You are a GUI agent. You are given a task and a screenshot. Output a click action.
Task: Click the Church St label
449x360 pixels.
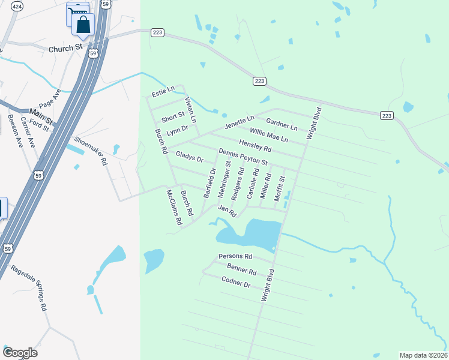65,48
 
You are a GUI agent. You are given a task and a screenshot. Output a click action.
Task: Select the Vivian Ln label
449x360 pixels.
190,110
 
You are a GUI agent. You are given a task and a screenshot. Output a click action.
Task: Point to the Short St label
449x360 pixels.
172,116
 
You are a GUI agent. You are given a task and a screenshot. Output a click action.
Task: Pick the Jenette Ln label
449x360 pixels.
240,122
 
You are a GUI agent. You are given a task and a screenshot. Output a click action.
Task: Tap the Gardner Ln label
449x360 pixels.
282,124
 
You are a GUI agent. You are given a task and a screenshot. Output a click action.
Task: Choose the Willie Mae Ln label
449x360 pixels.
269,134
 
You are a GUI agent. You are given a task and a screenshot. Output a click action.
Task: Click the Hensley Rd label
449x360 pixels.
255,145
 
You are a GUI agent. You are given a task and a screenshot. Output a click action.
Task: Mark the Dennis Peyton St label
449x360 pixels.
243,157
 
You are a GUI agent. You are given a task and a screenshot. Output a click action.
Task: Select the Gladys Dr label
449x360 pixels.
190,157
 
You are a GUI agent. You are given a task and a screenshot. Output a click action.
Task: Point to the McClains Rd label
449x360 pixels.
173,207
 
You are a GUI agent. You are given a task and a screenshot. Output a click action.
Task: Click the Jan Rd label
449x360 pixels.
228,211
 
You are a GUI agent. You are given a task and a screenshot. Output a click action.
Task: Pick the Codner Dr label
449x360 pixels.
235,281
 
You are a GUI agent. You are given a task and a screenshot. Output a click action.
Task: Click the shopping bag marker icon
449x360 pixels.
83,25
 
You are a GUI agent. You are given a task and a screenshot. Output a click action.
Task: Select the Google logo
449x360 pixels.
20,353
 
